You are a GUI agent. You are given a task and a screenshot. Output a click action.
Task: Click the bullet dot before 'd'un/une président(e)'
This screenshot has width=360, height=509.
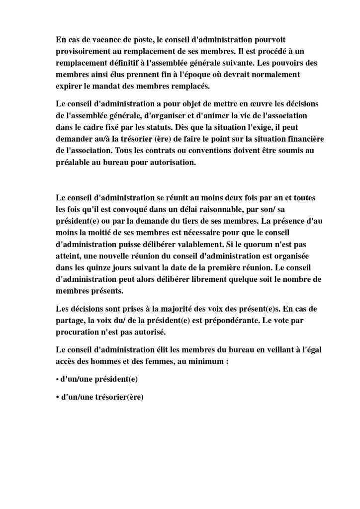pos(57,380)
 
